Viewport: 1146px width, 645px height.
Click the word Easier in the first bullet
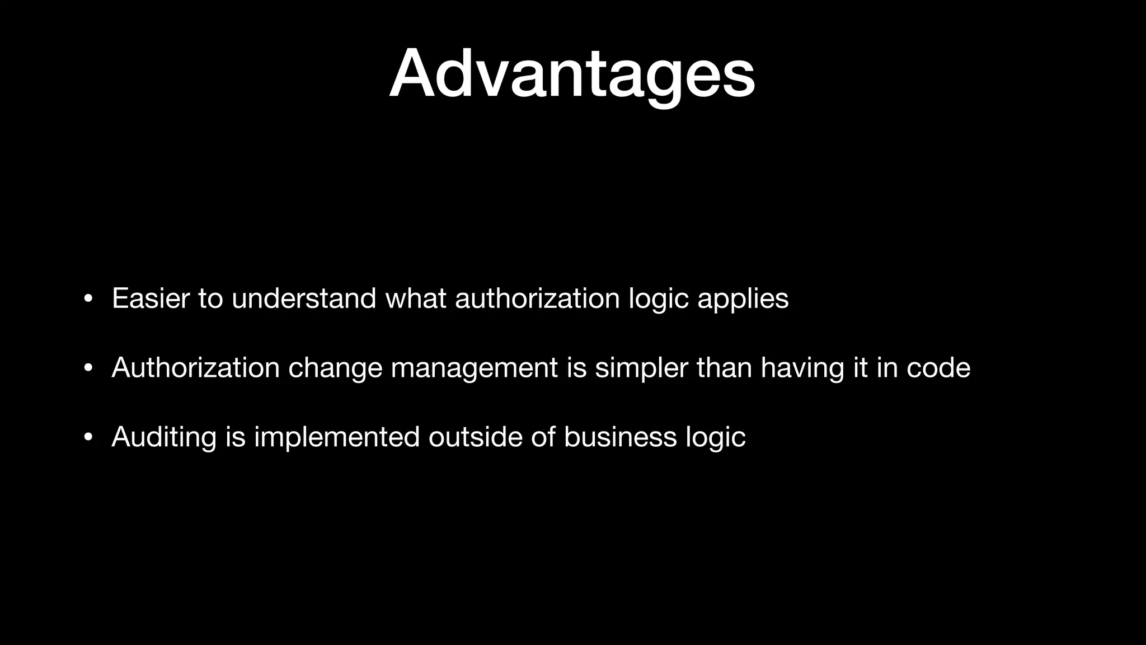pyautogui.click(x=151, y=298)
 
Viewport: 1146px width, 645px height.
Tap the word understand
pyautogui.click(x=304, y=298)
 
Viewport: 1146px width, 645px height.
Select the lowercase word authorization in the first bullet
pyautogui.click(x=537, y=299)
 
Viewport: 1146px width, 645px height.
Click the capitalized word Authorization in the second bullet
pyautogui.click(x=195, y=368)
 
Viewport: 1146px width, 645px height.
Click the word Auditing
pyautogui.click(x=164, y=437)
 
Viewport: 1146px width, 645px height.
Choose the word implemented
pyautogui.click(x=336, y=437)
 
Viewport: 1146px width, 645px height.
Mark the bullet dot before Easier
pyautogui.click(x=87, y=299)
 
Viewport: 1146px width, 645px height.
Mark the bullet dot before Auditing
pyautogui.click(x=87, y=438)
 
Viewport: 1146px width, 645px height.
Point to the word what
pyautogui.click(x=415, y=298)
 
